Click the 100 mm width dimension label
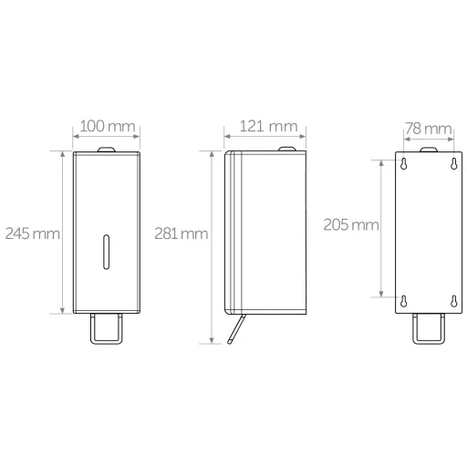pyautogui.click(x=108, y=126)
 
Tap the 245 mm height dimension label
pyautogui.click(x=33, y=233)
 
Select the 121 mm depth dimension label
pyautogui.click(x=268, y=126)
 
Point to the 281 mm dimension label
pyautogui.click(x=182, y=233)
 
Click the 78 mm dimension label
pyautogui.click(x=429, y=129)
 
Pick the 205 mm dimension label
pyautogui.click(x=351, y=224)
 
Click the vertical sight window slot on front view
pyautogui.click(x=106, y=252)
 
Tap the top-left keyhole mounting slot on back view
pyautogui.click(x=403, y=164)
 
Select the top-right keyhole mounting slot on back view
pyautogui.click(x=453, y=164)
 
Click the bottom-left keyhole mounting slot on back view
pyautogui.click(x=403, y=301)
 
